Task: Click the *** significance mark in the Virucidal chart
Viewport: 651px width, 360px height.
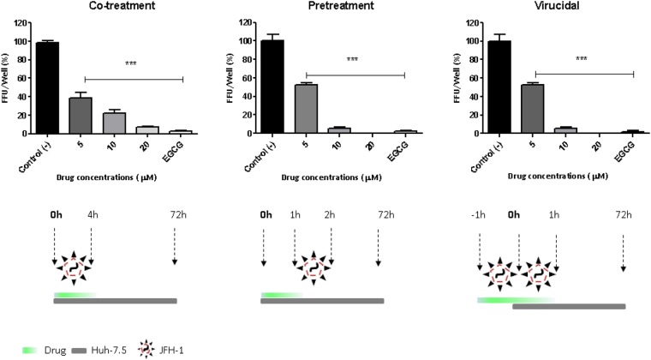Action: click(x=582, y=60)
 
